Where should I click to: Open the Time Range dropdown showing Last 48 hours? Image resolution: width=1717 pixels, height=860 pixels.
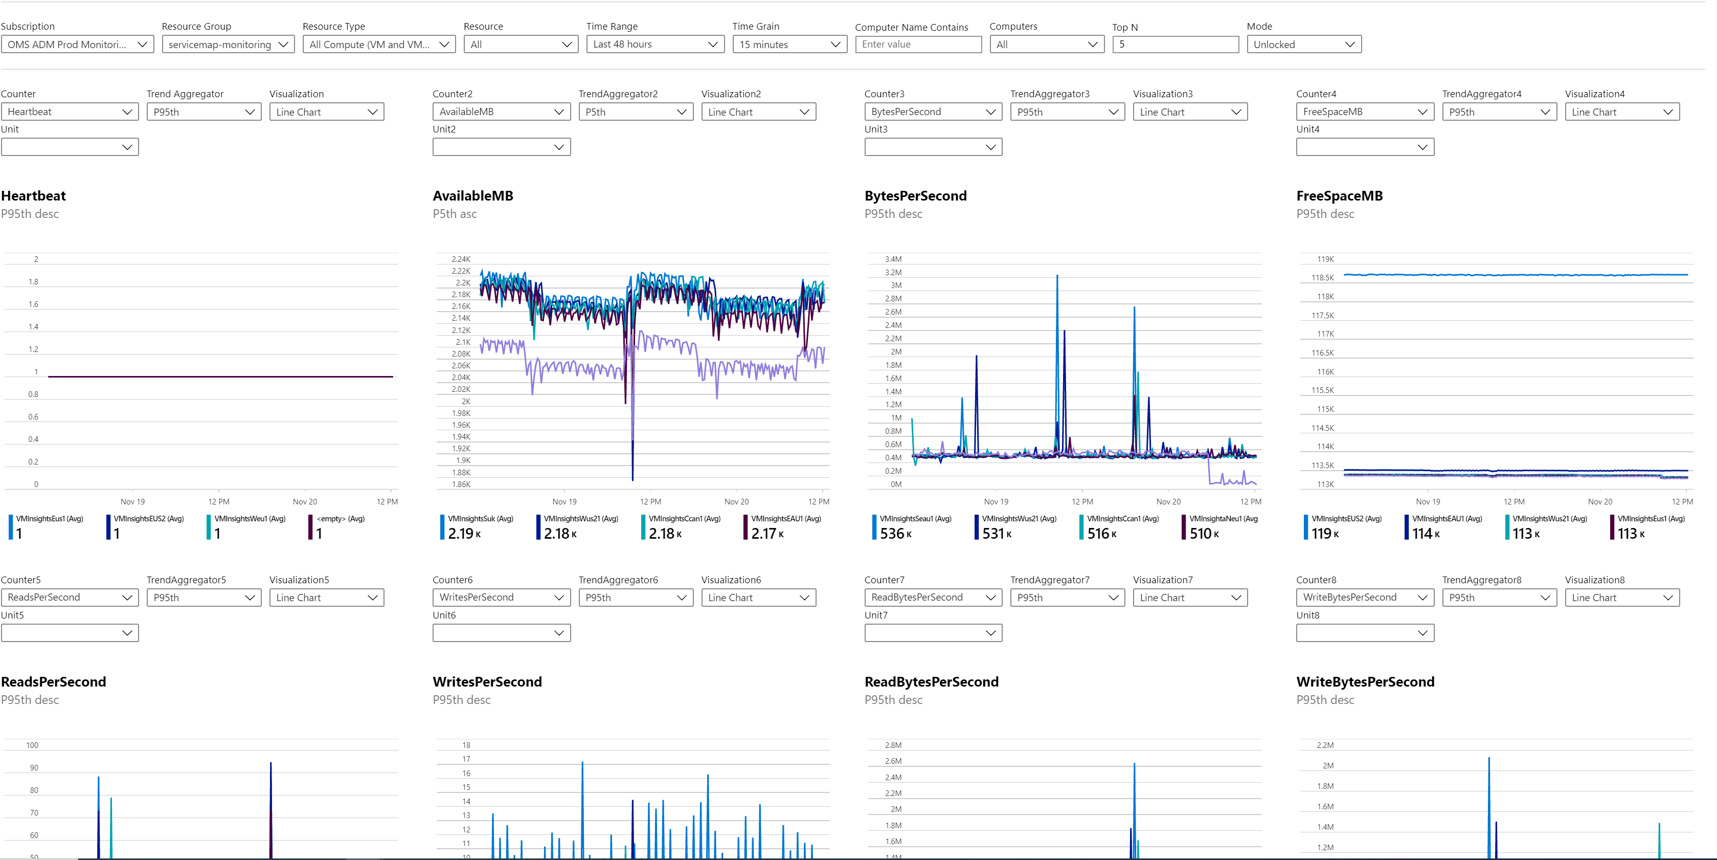click(654, 44)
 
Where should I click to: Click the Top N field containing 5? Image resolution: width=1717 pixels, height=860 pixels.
click(1174, 44)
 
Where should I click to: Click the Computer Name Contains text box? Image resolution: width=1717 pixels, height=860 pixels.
click(918, 44)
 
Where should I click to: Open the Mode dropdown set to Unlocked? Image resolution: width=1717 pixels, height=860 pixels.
click(1303, 44)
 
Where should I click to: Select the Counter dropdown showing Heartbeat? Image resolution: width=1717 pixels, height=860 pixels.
click(70, 112)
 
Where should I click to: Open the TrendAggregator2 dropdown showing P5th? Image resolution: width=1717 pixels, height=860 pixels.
click(635, 112)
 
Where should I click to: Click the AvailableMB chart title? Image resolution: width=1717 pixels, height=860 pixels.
click(472, 195)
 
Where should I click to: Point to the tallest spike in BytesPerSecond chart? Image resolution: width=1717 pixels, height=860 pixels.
click(1057, 276)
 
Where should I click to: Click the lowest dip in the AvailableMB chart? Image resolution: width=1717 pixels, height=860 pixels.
click(632, 478)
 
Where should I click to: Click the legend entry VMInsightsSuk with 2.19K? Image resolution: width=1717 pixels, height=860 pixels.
click(477, 526)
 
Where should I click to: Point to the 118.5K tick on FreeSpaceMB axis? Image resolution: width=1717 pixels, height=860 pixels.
click(1322, 278)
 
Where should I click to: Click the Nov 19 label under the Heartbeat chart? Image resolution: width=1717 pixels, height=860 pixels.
click(132, 501)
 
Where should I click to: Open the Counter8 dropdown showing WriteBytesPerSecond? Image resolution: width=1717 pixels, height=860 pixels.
click(1364, 598)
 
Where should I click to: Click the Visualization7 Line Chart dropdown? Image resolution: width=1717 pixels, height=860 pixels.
click(1189, 598)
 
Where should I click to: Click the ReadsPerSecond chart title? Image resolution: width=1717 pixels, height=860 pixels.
click(53, 681)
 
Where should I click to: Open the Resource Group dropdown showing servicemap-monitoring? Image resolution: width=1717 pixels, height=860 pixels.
click(228, 44)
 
